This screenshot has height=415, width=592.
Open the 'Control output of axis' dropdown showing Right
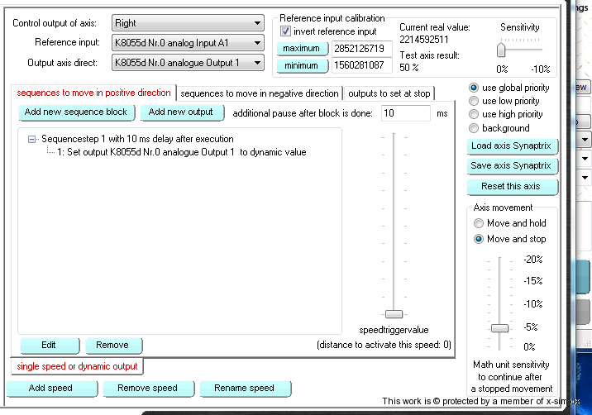tap(187, 23)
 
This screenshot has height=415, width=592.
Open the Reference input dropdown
tap(187, 42)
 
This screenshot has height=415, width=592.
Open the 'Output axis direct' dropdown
tap(187, 62)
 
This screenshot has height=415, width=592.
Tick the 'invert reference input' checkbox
tap(286, 31)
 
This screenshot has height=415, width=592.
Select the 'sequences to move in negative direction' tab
tap(260, 93)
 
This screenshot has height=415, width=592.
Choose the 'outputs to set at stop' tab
tap(388, 93)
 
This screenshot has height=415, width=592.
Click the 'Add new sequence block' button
tap(76, 112)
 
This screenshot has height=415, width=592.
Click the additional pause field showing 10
tap(405, 113)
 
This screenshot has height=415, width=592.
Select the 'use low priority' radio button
tap(474, 101)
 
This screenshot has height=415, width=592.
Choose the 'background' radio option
tap(474, 128)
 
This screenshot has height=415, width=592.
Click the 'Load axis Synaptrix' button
tap(512, 146)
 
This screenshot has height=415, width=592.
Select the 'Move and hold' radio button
tap(479, 223)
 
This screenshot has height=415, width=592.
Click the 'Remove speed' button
tap(146, 388)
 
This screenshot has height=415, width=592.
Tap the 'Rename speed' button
tap(244, 388)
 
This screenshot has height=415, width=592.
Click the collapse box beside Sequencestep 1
tap(32, 140)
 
